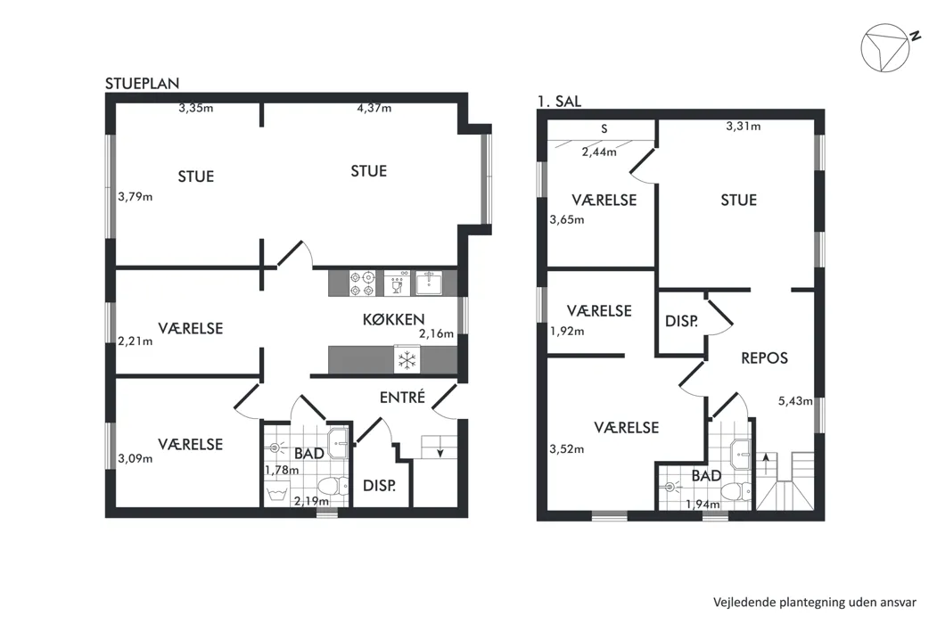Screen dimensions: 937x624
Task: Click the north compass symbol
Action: (x=885, y=48)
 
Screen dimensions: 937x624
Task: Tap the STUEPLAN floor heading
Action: (x=143, y=84)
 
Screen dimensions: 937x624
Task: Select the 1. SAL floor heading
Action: (x=559, y=102)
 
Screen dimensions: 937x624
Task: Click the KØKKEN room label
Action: (x=394, y=320)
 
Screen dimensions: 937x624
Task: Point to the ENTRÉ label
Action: (x=403, y=397)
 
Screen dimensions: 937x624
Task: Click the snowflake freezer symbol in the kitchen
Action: (x=407, y=360)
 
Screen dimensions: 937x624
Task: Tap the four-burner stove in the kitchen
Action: (x=362, y=283)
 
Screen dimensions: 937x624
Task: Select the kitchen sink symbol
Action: (x=429, y=283)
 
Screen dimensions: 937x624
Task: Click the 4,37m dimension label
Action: (x=374, y=108)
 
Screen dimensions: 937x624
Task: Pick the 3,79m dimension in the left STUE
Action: (x=135, y=197)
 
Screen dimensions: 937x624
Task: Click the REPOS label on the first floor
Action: (x=764, y=358)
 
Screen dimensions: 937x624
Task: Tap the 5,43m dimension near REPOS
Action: (x=795, y=401)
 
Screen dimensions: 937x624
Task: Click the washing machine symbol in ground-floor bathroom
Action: (x=276, y=494)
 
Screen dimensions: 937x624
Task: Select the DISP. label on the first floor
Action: (x=681, y=321)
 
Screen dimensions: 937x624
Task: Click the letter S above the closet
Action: (x=604, y=128)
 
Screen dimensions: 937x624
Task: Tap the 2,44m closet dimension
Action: (x=599, y=152)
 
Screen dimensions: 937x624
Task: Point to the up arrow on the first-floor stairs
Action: (x=766, y=459)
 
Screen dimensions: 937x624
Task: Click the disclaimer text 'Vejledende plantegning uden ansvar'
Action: (x=815, y=603)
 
